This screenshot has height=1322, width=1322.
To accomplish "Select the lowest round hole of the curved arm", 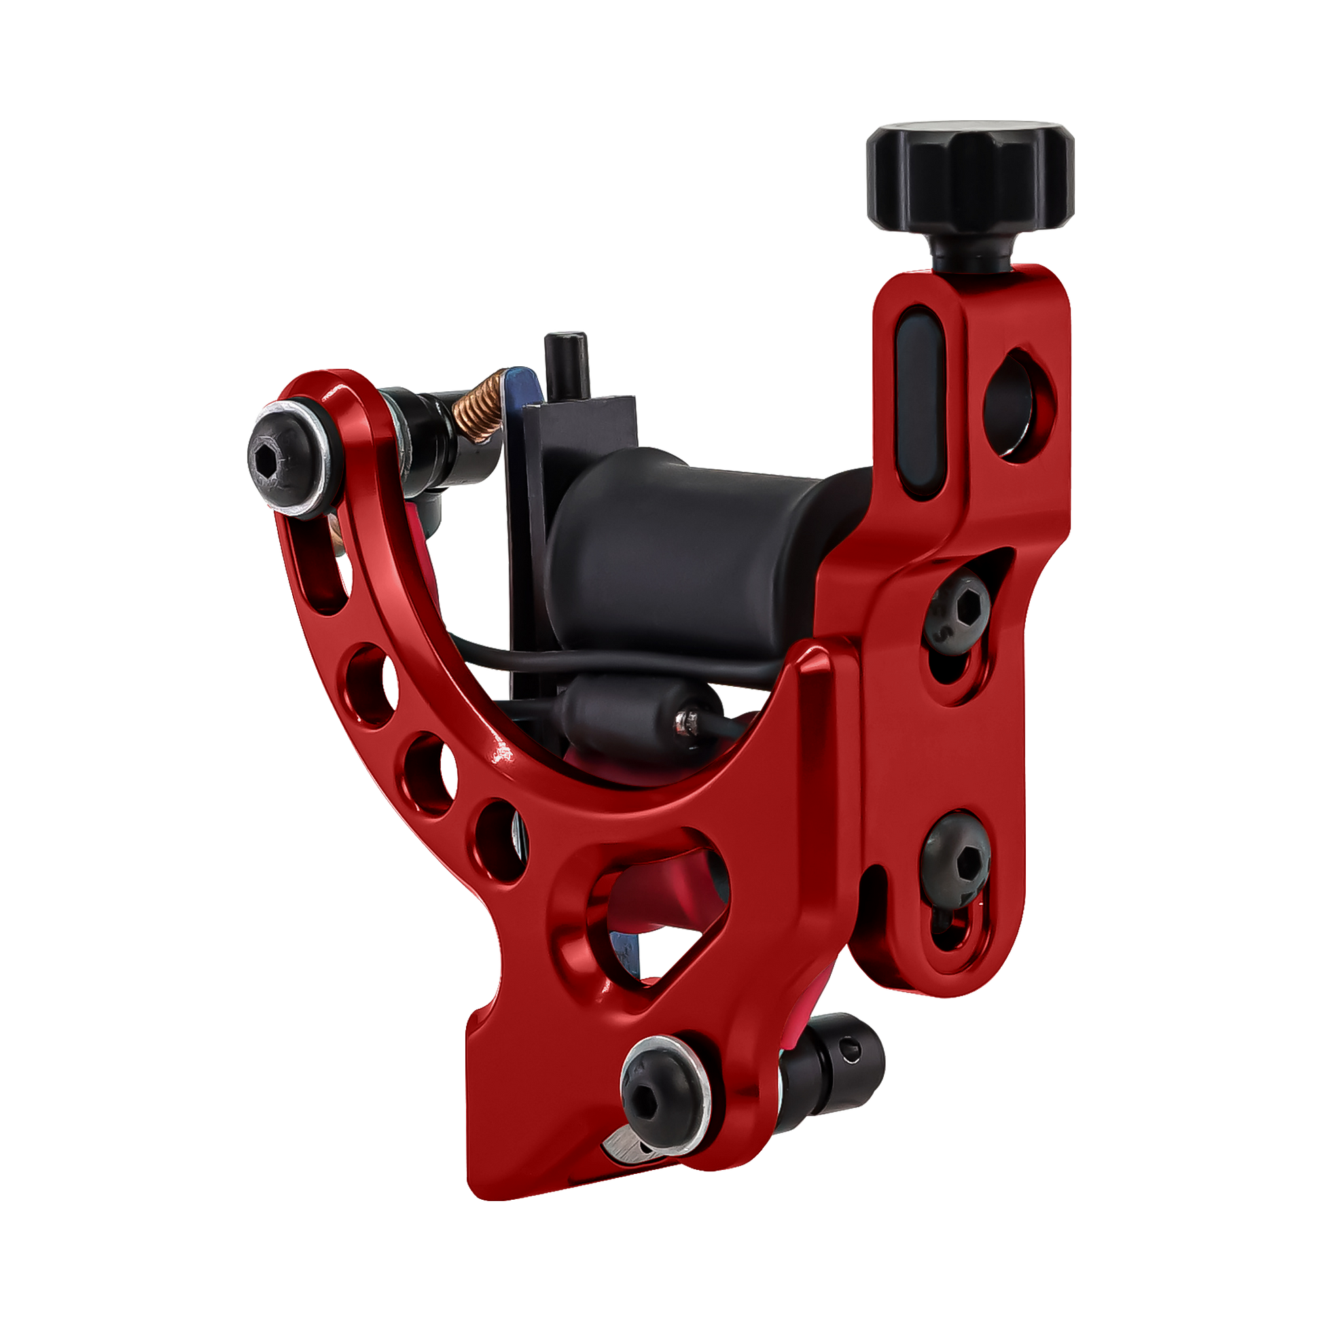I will (x=499, y=838).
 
